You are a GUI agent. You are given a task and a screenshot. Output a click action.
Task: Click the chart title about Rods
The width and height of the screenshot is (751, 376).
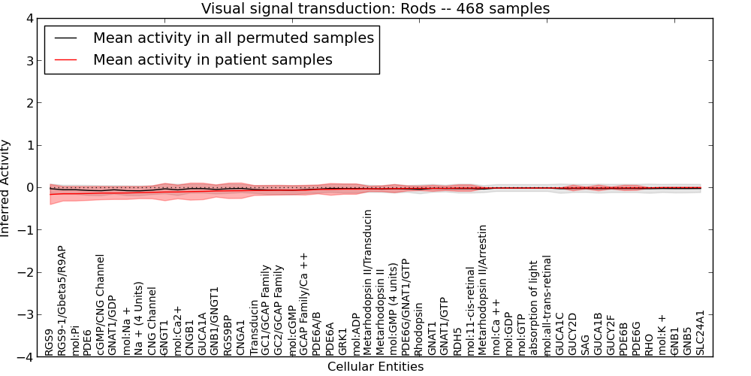click(x=375, y=8)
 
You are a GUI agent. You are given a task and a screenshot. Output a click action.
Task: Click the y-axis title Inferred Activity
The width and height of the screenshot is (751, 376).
click(x=5, y=188)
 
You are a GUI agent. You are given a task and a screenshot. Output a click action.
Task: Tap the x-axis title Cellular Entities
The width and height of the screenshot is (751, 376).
click(x=375, y=367)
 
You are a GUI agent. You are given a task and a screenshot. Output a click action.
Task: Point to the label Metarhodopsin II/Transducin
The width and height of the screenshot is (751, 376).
click(x=367, y=283)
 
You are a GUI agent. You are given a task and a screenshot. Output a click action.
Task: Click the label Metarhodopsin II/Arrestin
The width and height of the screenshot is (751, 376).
click(x=482, y=290)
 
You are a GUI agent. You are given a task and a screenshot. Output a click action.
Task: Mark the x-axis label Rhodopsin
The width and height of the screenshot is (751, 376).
click(x=418, y=329)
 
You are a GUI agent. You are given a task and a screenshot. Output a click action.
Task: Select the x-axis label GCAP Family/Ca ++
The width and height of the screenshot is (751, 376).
click(x=303, y=305)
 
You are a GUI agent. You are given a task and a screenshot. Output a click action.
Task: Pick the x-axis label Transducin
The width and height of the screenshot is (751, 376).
click(x=253, y=328)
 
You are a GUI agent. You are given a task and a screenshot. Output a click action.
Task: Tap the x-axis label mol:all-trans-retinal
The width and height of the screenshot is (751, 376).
click(x=547, y=305)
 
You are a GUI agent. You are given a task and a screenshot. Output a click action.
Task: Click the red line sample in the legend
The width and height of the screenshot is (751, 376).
click(x=65, y=60)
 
